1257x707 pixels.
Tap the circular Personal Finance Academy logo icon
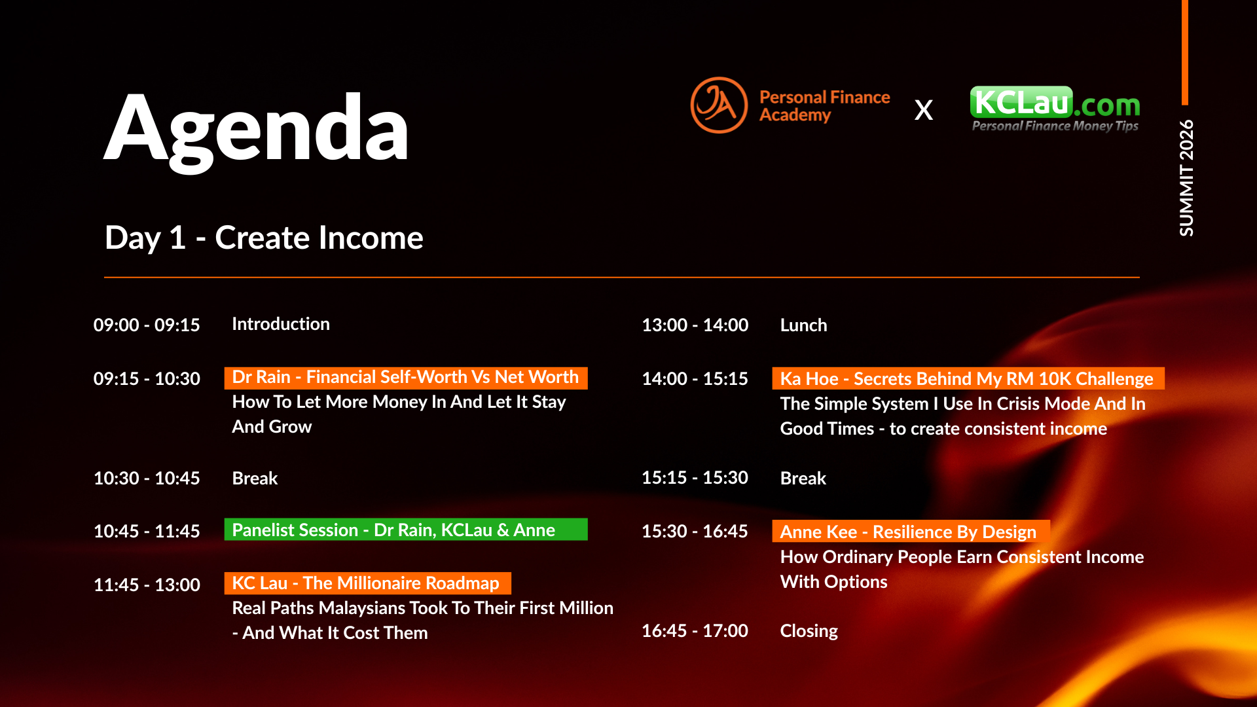point(719,105)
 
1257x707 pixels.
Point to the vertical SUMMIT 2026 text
point(1186,177)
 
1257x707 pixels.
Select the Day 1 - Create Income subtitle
point(264,238)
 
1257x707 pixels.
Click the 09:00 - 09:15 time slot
point(147,325)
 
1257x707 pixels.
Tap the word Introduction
point(281,324)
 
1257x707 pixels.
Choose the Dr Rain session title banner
point(406,378)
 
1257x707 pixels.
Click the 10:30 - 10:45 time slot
point(147,478)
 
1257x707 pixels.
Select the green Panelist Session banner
point(406,530)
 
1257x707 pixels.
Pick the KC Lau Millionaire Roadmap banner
point(367,583)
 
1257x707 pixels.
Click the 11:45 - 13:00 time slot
point(147,585)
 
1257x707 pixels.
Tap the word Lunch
point(803,325)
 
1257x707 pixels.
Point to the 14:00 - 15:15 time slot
point(695,378)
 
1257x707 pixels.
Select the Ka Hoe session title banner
point(968,378)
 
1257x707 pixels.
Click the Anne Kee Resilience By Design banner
point(911,532)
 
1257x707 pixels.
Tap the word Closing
point(809,631)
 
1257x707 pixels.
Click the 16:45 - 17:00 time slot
point(695,630)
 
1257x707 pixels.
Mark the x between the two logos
point(924,110)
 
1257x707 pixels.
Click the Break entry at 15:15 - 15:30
point(803,479)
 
